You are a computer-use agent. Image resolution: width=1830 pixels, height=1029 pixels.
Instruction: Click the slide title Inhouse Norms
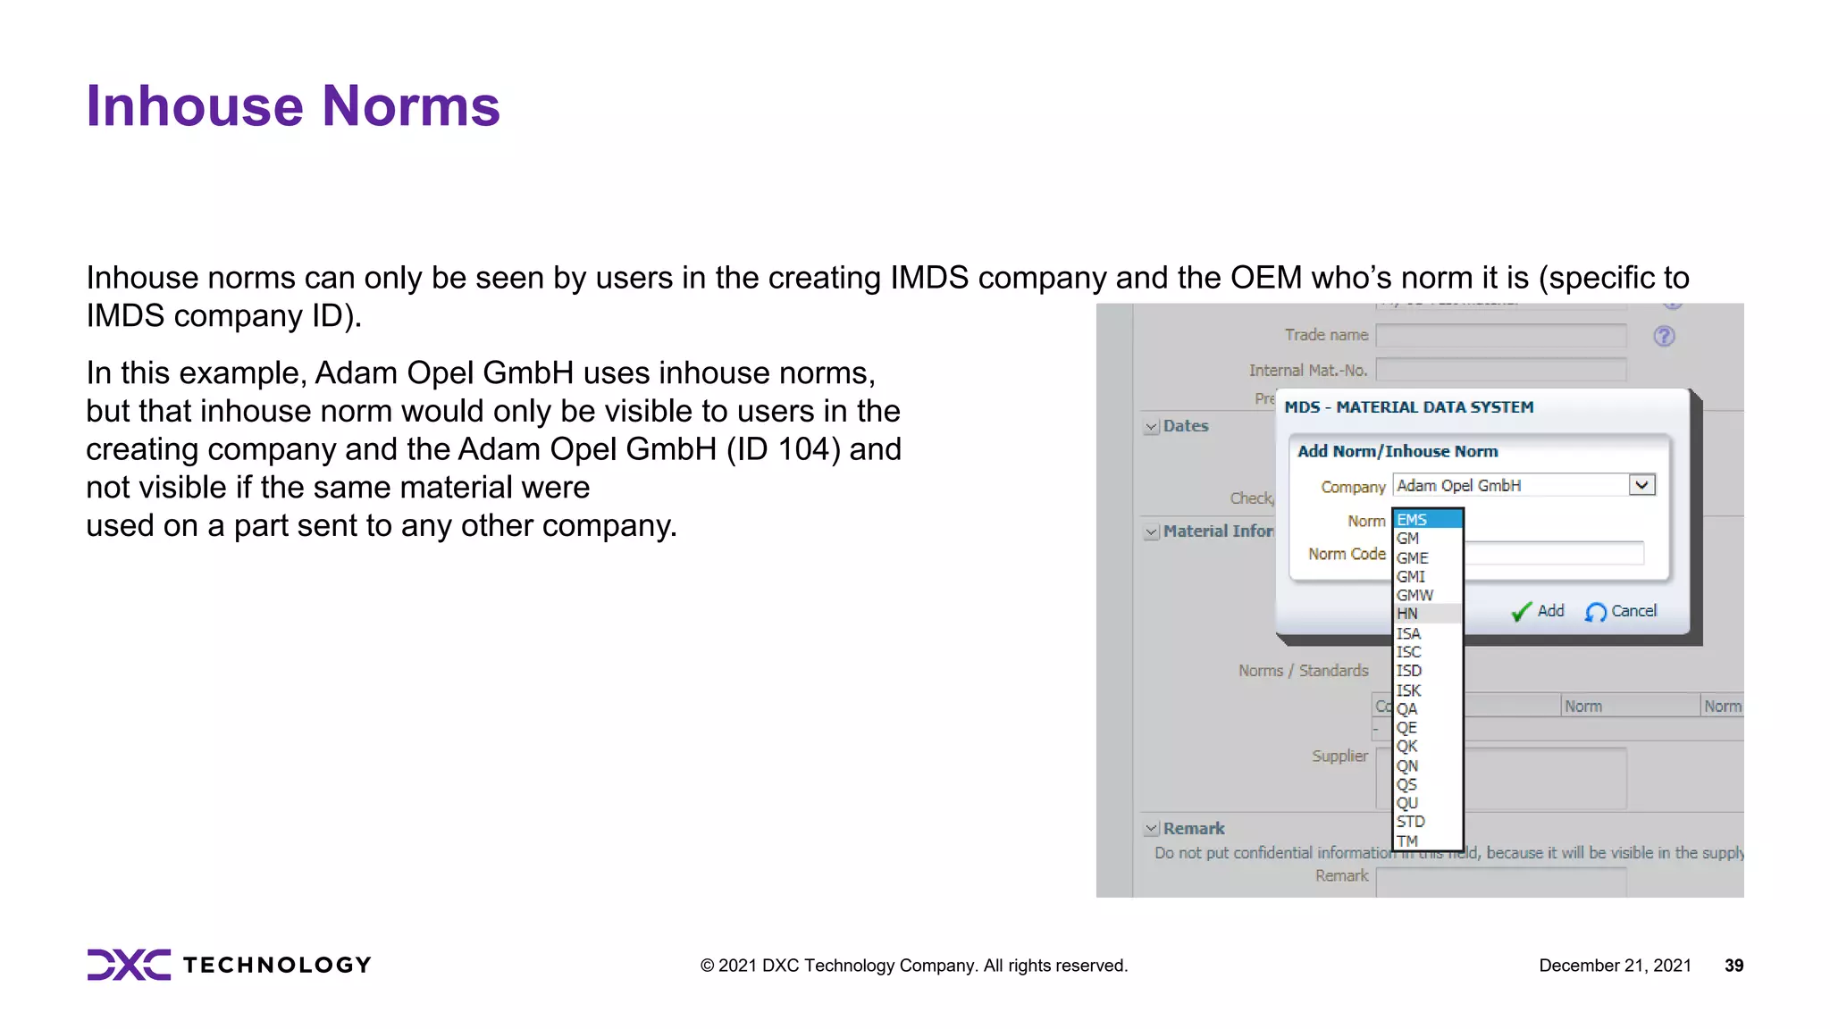pyautogui.click(x=292, y=106)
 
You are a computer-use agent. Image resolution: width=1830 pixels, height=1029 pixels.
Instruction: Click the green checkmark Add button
pyautogui.click(x=1537, y=611)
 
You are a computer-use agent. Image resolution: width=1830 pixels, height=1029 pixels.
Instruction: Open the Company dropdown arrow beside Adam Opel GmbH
pyautogui.click(x=1641, y=485)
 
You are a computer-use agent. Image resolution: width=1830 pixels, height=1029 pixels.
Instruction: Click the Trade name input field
pyautogui.click(x=1500, y=336)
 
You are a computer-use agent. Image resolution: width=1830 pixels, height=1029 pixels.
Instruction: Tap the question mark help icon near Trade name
pyautogui.click(x=1664, y=337)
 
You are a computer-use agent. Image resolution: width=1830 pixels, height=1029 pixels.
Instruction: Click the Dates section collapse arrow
pyautogui.click(x=1152, y=427)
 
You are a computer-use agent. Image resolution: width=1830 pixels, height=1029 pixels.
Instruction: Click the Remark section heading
pyautogui.click(x=1193, y=829)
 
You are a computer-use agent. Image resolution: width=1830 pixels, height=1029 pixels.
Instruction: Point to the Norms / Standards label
pyautogui.click(x=1303, y=671)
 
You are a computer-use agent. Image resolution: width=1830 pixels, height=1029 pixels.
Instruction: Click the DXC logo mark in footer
pyautogui.click(x=129, y=965)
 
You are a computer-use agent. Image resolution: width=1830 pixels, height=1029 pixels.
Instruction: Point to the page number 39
pyautogui.click(x=1733, y=966)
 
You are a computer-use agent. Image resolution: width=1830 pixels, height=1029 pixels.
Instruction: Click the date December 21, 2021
pyautogui.click(x=1614, y=966)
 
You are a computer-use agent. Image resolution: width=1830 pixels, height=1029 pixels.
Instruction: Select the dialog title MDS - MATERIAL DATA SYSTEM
pyautogui.click(x=1408, y=407)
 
